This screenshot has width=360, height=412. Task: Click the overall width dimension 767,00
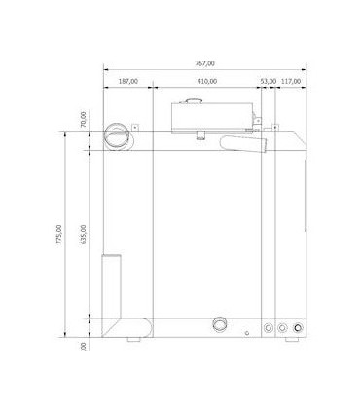click(x=204, y=63)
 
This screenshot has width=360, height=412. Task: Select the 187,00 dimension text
click(x=127, y=82)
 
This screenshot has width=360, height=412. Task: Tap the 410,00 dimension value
click(x=205, y=82)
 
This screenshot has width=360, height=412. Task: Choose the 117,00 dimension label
click(x=291, y=82)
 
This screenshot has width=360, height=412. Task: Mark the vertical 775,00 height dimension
click(x=59, y=236)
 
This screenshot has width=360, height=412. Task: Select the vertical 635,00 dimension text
click(x=84, y=236)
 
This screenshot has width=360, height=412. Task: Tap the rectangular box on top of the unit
click(x=211, y=116)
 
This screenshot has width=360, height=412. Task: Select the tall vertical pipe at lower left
click(x=112, y=287)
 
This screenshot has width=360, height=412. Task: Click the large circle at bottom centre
click(x=221, y=323)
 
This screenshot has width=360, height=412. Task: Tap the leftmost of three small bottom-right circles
click(x=269, y=328)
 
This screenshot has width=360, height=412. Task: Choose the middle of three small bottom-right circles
click(x=282, y=328)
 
